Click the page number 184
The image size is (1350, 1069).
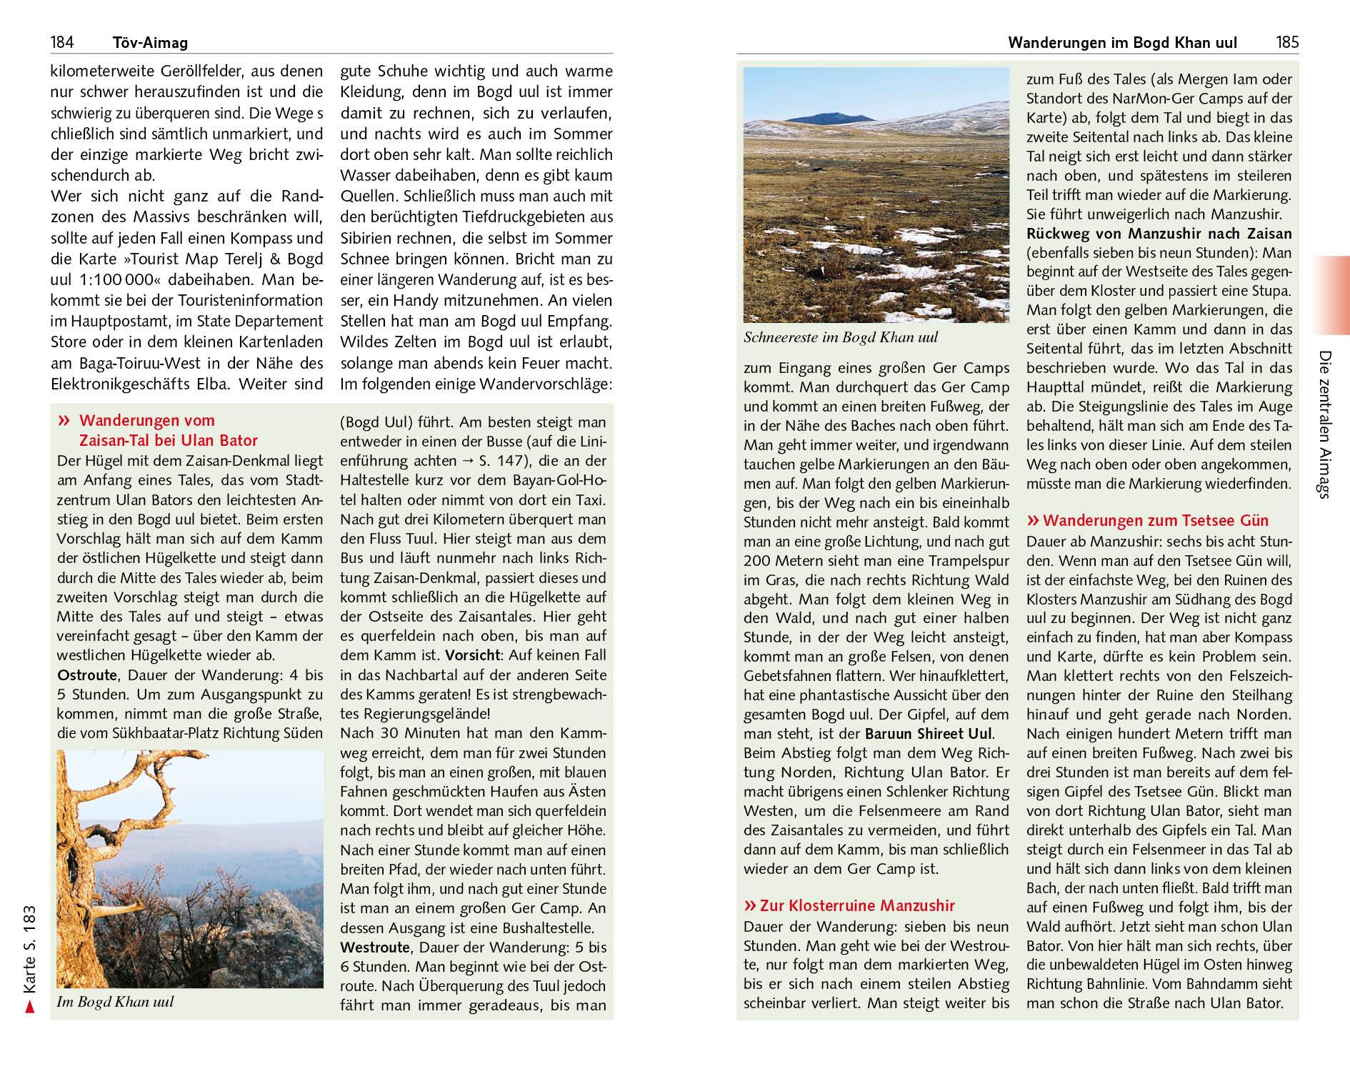click(x=62, y=42)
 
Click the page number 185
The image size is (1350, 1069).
click(x=1287, y=42)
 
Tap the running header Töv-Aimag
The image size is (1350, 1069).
click(x=150, y=43)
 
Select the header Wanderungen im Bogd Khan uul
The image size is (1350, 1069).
click(x=1122, y=43)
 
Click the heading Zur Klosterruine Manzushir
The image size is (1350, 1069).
click(x=849, y=905)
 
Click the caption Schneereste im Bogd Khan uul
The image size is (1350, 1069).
click(x=841, y=337)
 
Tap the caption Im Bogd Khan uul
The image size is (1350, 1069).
click(x=115, y=1002)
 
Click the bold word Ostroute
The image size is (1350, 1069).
click(x=86, y=675)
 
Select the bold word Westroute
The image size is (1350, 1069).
click(x=375, y=948)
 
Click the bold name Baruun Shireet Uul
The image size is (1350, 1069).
click(x=929, y=733)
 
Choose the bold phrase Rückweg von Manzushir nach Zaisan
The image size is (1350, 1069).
click(x=1159, y=234)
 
